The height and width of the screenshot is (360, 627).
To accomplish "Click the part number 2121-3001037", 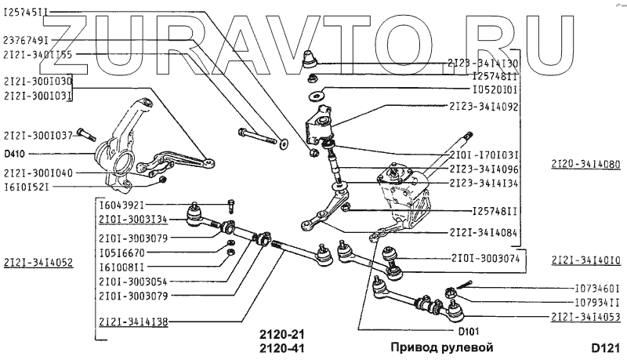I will (x=38, y=134).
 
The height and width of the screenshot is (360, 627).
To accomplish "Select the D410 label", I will (x=15, y=155).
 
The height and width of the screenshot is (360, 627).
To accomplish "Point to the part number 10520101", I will (x=495, y=90).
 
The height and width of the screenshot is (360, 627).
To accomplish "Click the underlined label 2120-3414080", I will (x=585, y=165).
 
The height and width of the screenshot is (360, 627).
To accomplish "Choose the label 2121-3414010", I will (x=585, y=259).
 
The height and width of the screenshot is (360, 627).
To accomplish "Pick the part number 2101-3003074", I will (x=484, y=257).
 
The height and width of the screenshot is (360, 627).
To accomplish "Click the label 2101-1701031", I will (x=484, y=155).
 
